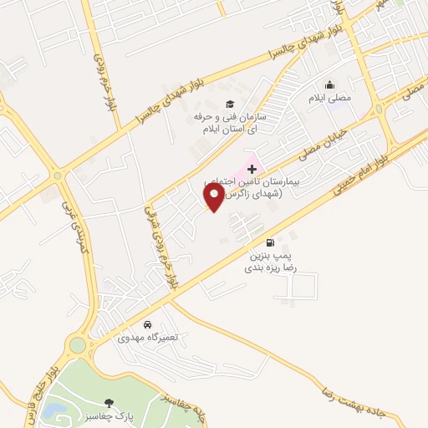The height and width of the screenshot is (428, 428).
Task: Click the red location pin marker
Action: tap(214, 196)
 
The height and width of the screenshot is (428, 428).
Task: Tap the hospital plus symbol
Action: tap(252, 169)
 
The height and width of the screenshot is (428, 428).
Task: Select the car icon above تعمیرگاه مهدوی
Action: tap(147, 324)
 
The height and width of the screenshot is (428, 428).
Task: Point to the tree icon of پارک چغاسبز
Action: tap(109, 403)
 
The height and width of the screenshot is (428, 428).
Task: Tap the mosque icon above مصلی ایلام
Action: tap(329, 85)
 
